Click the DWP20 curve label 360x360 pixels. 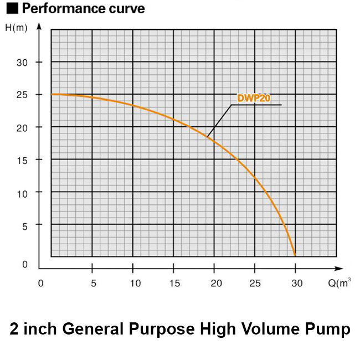coord(254,98)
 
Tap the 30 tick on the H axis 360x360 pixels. coord(22,62)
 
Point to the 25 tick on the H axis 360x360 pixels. coord(22,95)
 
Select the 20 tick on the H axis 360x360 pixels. coord(22,127)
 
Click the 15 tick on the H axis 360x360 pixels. coord(22,160)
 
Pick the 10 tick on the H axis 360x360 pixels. coord(22,192)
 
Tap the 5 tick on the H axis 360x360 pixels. coord(24,225)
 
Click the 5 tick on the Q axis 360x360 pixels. coord(93,284)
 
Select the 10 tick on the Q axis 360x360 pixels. coord(133,284)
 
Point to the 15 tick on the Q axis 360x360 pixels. coord(174,284)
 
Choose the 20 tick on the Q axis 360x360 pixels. coord(215,284)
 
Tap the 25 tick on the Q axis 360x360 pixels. coord(256,284)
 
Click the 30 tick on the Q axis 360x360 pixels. coord(297,284)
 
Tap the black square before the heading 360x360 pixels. coord(11,9)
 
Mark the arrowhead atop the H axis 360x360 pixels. coord(39,25)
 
